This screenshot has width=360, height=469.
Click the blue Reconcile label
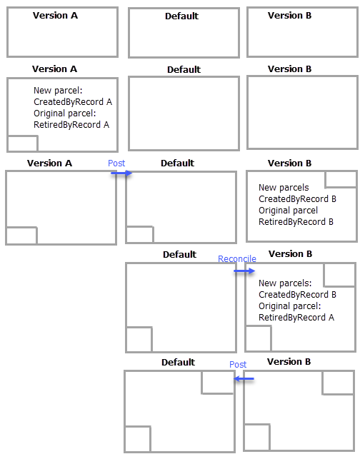click(x=236, y=259)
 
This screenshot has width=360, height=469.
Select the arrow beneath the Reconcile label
click(x=244, y=271)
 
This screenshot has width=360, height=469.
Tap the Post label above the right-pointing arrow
click(x=116, y=163)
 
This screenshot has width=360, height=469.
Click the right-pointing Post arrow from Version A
click(x=121, y=173)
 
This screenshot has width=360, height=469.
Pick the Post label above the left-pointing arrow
click(x=238, y=365)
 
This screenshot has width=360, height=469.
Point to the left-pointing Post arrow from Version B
click(x=244, y=378)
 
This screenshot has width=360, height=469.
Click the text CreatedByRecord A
click(x=73, y=102)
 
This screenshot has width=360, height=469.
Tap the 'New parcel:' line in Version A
click(x=58, y=91)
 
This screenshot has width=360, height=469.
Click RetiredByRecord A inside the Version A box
click(x=71, y=125)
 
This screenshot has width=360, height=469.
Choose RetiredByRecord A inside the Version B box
click(x=296, y=318)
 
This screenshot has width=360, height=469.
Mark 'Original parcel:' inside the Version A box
click(x=64, y=114)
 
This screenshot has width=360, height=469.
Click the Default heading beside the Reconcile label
click(x=179, y=255)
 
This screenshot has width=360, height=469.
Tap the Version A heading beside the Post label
click(x=49, y=163)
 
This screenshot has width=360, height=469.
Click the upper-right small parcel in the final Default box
click(x=218, y=382)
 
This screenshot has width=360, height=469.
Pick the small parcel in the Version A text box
click(x=22, y=143)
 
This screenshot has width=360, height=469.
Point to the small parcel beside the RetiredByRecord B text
click(x=341, y=179)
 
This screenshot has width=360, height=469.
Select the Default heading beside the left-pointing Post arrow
click(x=178, y=363)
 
